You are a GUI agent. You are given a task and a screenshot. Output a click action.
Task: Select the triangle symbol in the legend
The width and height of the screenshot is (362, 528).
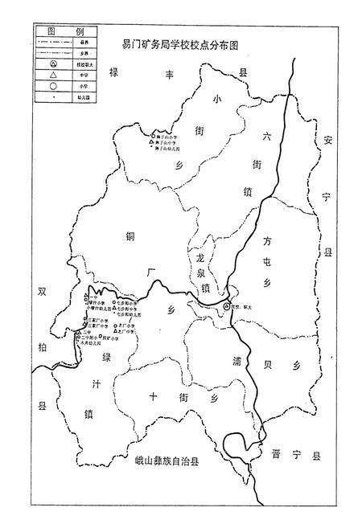click(x=53, y=75)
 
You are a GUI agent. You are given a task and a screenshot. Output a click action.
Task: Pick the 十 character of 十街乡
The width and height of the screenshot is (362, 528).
click(x=154, y=395)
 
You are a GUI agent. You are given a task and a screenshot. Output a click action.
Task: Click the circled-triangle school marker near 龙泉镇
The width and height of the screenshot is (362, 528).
click(x=227, y=306)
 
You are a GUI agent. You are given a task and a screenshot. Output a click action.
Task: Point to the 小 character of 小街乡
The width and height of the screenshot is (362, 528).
click(x=215, y=99)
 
